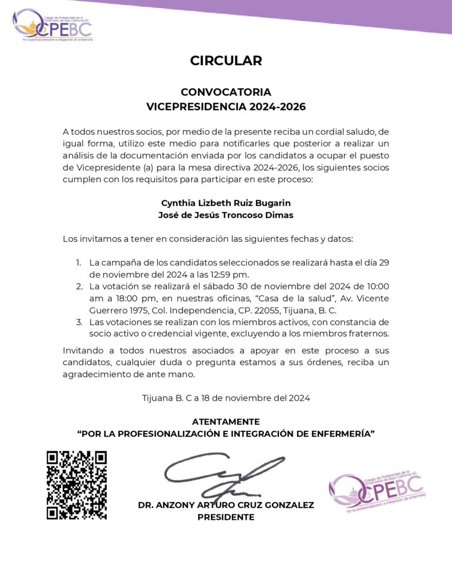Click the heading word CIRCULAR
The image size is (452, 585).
(x=226, y=61)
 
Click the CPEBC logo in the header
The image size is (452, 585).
(x=53, y=25)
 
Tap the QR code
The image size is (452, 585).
(x=77, y=485)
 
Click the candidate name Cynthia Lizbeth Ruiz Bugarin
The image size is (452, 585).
(x=226, y=203)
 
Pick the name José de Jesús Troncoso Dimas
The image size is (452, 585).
(x=226, y=215)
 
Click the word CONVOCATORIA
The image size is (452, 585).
(x=226, y=92)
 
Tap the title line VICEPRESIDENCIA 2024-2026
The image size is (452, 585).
(x=226, y=107)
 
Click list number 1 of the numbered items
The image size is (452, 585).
(x=78, y=262)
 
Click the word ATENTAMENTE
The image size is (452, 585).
(x=226, y=422)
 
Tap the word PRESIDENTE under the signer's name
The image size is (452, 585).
(x=226, y=517)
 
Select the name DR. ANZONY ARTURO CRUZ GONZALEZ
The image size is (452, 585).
(x=226, y=505)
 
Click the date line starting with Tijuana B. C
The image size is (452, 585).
(x=226, y=398)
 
